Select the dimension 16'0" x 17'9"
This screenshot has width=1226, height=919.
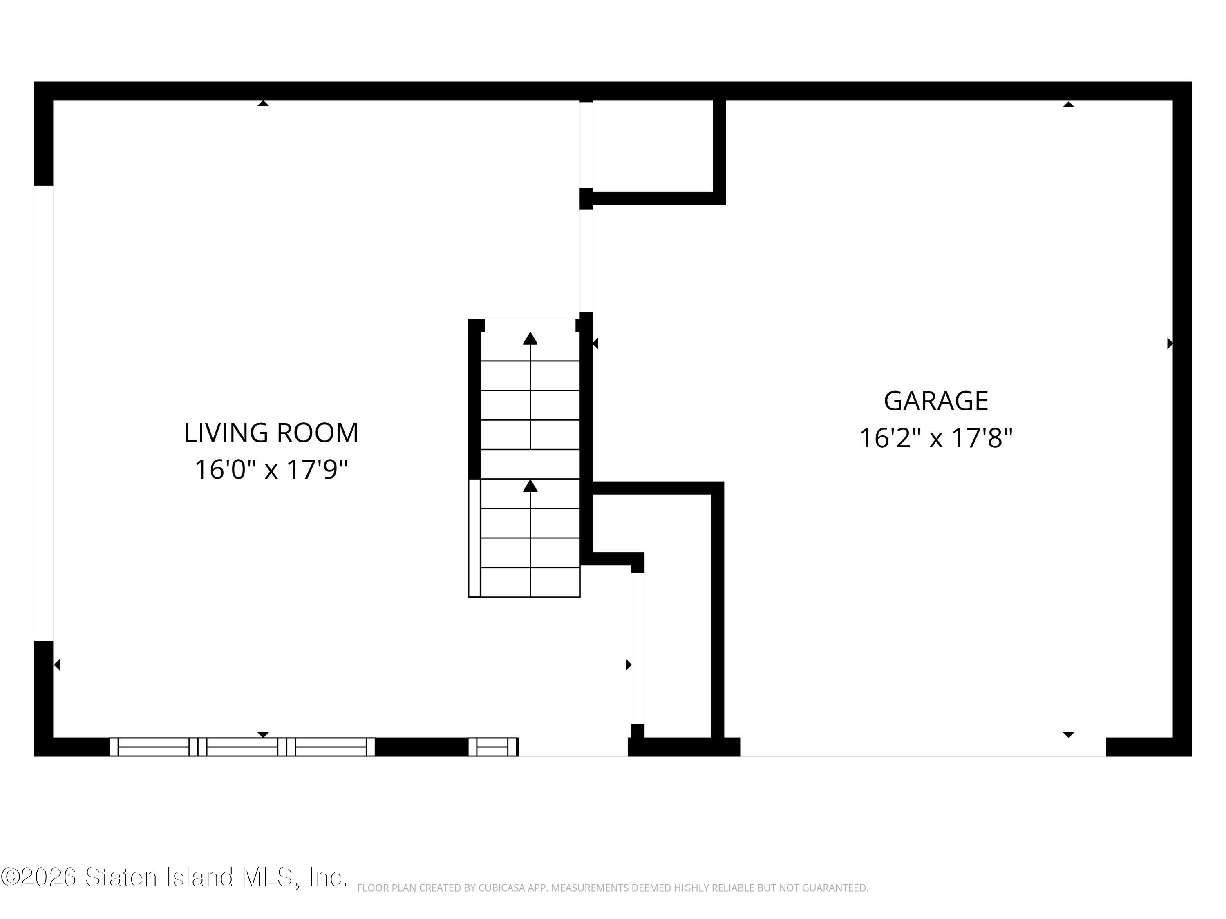[271, 470]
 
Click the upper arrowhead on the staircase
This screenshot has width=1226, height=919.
[530, 339]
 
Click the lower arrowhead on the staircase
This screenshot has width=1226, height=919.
[530, 486]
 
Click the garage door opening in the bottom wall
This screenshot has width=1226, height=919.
[923, 747]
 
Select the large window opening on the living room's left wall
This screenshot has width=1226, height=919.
[44, 413]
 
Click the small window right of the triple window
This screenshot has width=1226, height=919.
[493, 747]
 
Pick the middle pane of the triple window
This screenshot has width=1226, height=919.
[242, 747]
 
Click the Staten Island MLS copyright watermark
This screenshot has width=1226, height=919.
[174, 877]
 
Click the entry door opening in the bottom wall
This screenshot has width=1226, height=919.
[573, 747]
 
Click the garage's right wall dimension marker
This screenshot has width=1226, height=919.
[1170, 344]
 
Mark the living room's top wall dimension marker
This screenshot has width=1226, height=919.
[263, 103]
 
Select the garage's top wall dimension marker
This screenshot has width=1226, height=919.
[1069, 104]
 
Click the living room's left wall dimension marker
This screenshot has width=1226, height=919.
[56, 665]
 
